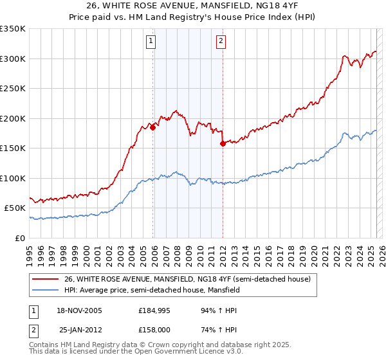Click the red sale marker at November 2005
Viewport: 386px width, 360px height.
tap(153, 128)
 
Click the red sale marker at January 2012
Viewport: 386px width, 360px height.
tap(223, 144)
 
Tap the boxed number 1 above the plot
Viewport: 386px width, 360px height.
tap(151, 42)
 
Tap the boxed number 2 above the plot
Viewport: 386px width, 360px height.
tap(221, 42)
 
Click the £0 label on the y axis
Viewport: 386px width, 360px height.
tap(19, 238)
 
